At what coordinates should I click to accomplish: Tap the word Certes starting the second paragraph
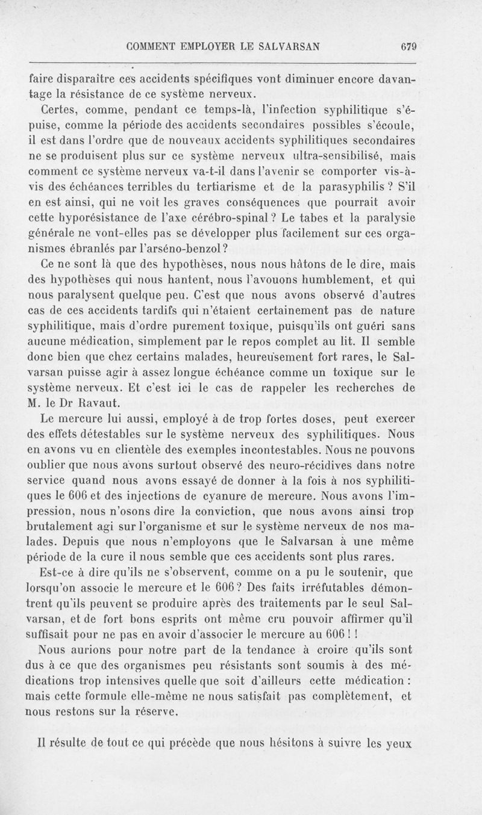(57, 111)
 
